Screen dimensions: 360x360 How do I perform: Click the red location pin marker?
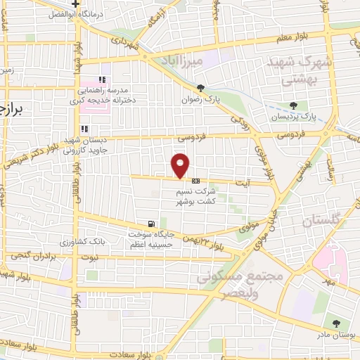tap(181, 165)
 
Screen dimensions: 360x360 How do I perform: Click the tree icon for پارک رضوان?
tap(201, 88)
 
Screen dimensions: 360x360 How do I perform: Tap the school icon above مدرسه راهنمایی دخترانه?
tap(103, 80)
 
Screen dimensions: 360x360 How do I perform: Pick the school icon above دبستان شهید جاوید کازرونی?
tap(85, 129)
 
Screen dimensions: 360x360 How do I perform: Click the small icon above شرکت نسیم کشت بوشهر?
tap(195, 181)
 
